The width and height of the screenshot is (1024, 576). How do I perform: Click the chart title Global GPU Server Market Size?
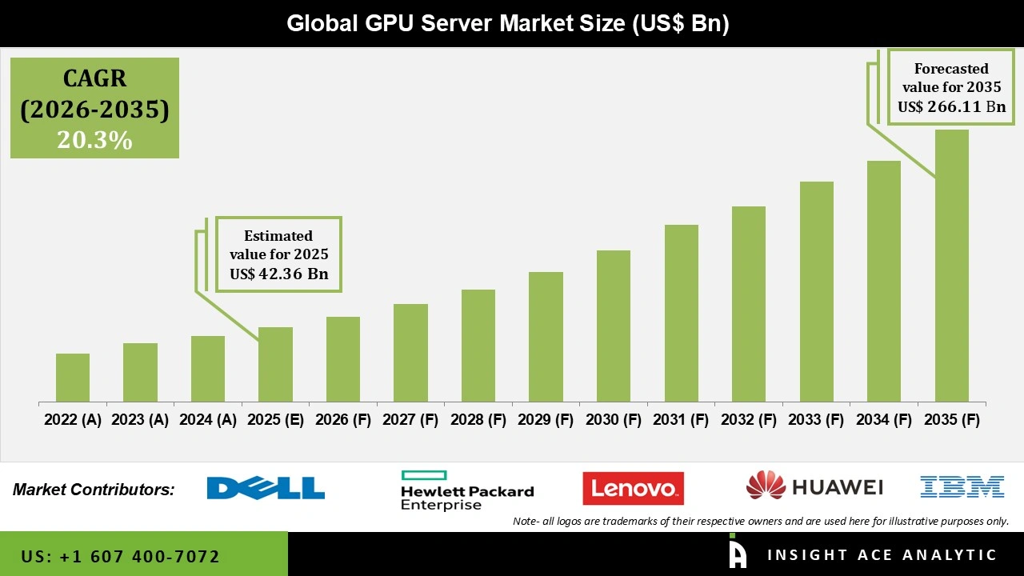508,23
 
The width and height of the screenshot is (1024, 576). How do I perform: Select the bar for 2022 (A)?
73,378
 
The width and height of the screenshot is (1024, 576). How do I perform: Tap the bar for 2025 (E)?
275,365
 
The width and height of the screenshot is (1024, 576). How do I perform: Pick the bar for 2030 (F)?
613,326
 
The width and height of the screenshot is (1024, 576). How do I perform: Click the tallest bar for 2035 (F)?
951,266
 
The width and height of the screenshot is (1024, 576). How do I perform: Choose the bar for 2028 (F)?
478,346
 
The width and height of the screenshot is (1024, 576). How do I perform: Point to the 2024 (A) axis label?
207,420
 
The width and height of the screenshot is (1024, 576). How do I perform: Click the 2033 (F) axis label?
817,420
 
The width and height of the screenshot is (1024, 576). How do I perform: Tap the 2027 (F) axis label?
410,420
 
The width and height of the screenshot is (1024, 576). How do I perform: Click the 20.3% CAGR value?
94,140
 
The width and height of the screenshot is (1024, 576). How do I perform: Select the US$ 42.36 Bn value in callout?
278,274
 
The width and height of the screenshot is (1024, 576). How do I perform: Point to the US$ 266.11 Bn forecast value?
951,106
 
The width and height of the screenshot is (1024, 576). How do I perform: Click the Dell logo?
266,488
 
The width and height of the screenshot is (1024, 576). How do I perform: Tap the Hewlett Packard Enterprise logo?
466,490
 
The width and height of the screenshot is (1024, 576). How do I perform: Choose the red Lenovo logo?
633,488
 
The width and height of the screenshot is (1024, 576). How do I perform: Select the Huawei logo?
814,486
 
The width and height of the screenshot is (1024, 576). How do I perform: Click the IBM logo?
962,486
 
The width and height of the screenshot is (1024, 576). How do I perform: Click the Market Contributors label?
94,490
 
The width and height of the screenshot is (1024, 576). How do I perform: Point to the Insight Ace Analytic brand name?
882,555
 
